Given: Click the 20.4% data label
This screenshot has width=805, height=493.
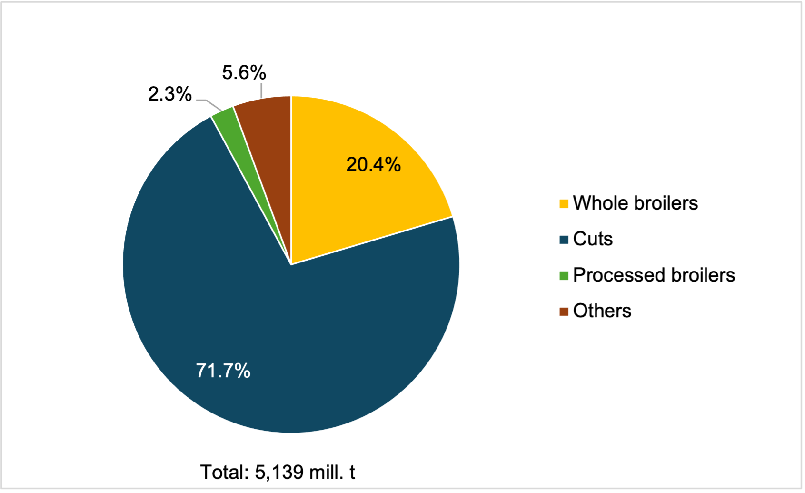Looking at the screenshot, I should tap(373, 165).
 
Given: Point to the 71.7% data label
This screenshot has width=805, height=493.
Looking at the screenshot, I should tap(223, 371).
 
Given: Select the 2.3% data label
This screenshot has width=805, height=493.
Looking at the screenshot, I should tap(169, 94).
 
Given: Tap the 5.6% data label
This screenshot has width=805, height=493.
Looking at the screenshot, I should tap(244, 73).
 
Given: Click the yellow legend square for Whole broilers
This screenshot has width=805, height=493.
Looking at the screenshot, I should tap(564, 204).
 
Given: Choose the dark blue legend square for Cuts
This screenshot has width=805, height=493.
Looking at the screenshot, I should tap(564, 240).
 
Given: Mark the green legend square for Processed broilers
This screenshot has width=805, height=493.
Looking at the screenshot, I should tap(564, 276).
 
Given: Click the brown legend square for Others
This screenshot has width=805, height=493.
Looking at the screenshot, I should tap(564, 312).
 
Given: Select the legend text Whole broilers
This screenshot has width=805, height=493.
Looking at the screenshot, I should tap(635, 203).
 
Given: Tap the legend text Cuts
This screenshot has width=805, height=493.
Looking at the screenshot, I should tap(593, 239).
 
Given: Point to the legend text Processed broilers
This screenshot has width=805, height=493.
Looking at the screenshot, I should tap(654, 275).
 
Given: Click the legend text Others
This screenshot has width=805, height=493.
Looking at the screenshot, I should tap(602, 311).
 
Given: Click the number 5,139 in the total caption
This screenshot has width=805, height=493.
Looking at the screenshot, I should tap(279, 472).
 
